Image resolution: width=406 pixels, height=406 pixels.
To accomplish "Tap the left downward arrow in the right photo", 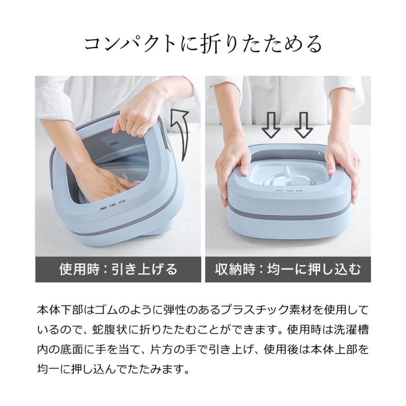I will [x=272, y=125].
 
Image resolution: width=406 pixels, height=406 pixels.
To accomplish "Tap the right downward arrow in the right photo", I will [x=303, y=125].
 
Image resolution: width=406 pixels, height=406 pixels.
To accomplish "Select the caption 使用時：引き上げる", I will [x=118, y=270].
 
